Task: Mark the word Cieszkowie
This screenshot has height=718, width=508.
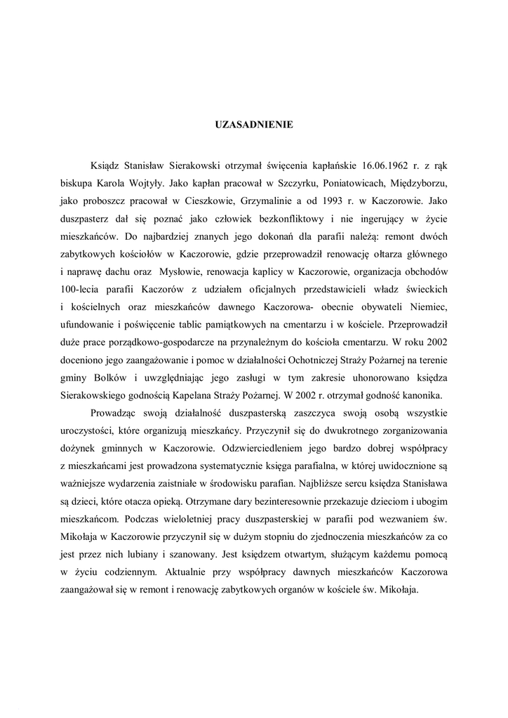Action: coord(199,200)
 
